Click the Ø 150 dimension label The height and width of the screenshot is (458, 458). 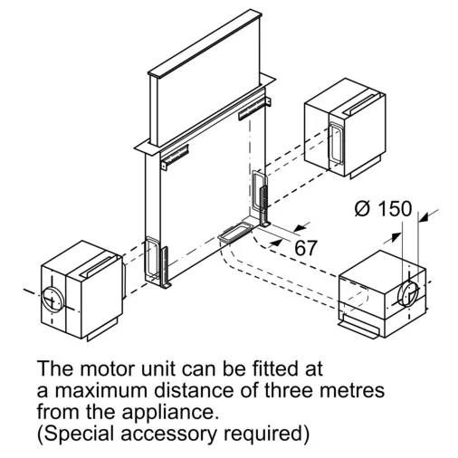coord(383,208)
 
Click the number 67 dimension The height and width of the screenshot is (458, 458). coord(306,248)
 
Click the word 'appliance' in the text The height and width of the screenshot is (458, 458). coord(170,413)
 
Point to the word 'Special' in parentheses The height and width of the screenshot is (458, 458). coord(77,434)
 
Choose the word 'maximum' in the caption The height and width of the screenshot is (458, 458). coord(102,390)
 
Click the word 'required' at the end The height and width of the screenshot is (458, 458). coord(266,434)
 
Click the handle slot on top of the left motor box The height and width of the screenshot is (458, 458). coord(99,266)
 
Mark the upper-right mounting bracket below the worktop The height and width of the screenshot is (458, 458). coord(254,109)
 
